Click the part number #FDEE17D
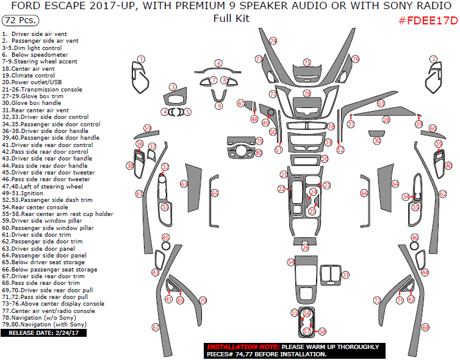[x=427, y=20]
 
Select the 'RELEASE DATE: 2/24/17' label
[x=43, y=333]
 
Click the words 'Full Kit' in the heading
[x=231, y=18]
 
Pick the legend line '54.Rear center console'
[x=37, y=207]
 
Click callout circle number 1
[x=141, y=59]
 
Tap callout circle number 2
[x=434, y=59]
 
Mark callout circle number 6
[x=218, y=63]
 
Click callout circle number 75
[x=307, y=63]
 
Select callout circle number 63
[x=184, y=183]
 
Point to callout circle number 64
[x=395, y=183]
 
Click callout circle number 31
[x=345, y=275]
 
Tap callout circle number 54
[x=291, y=262]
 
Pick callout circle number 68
[x=425, y=327]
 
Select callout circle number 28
[x=386, y=120]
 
